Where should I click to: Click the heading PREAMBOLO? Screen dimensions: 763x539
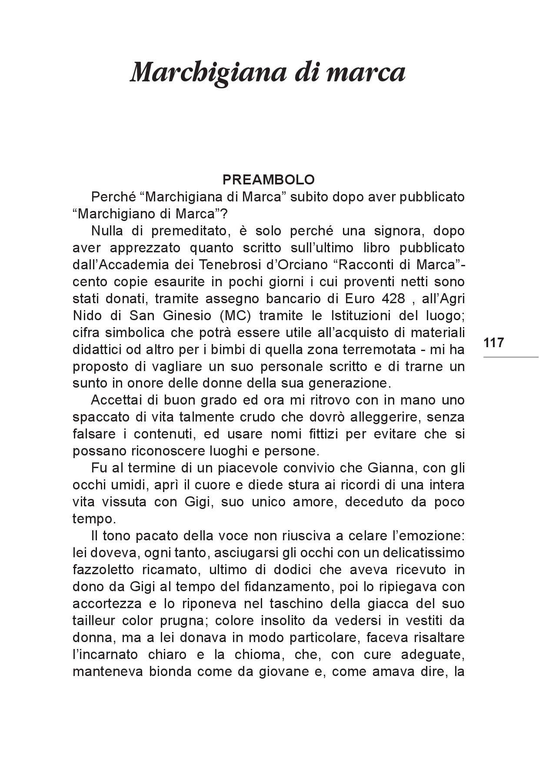(268, 180)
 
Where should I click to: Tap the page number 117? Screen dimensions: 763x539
(493, 343)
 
